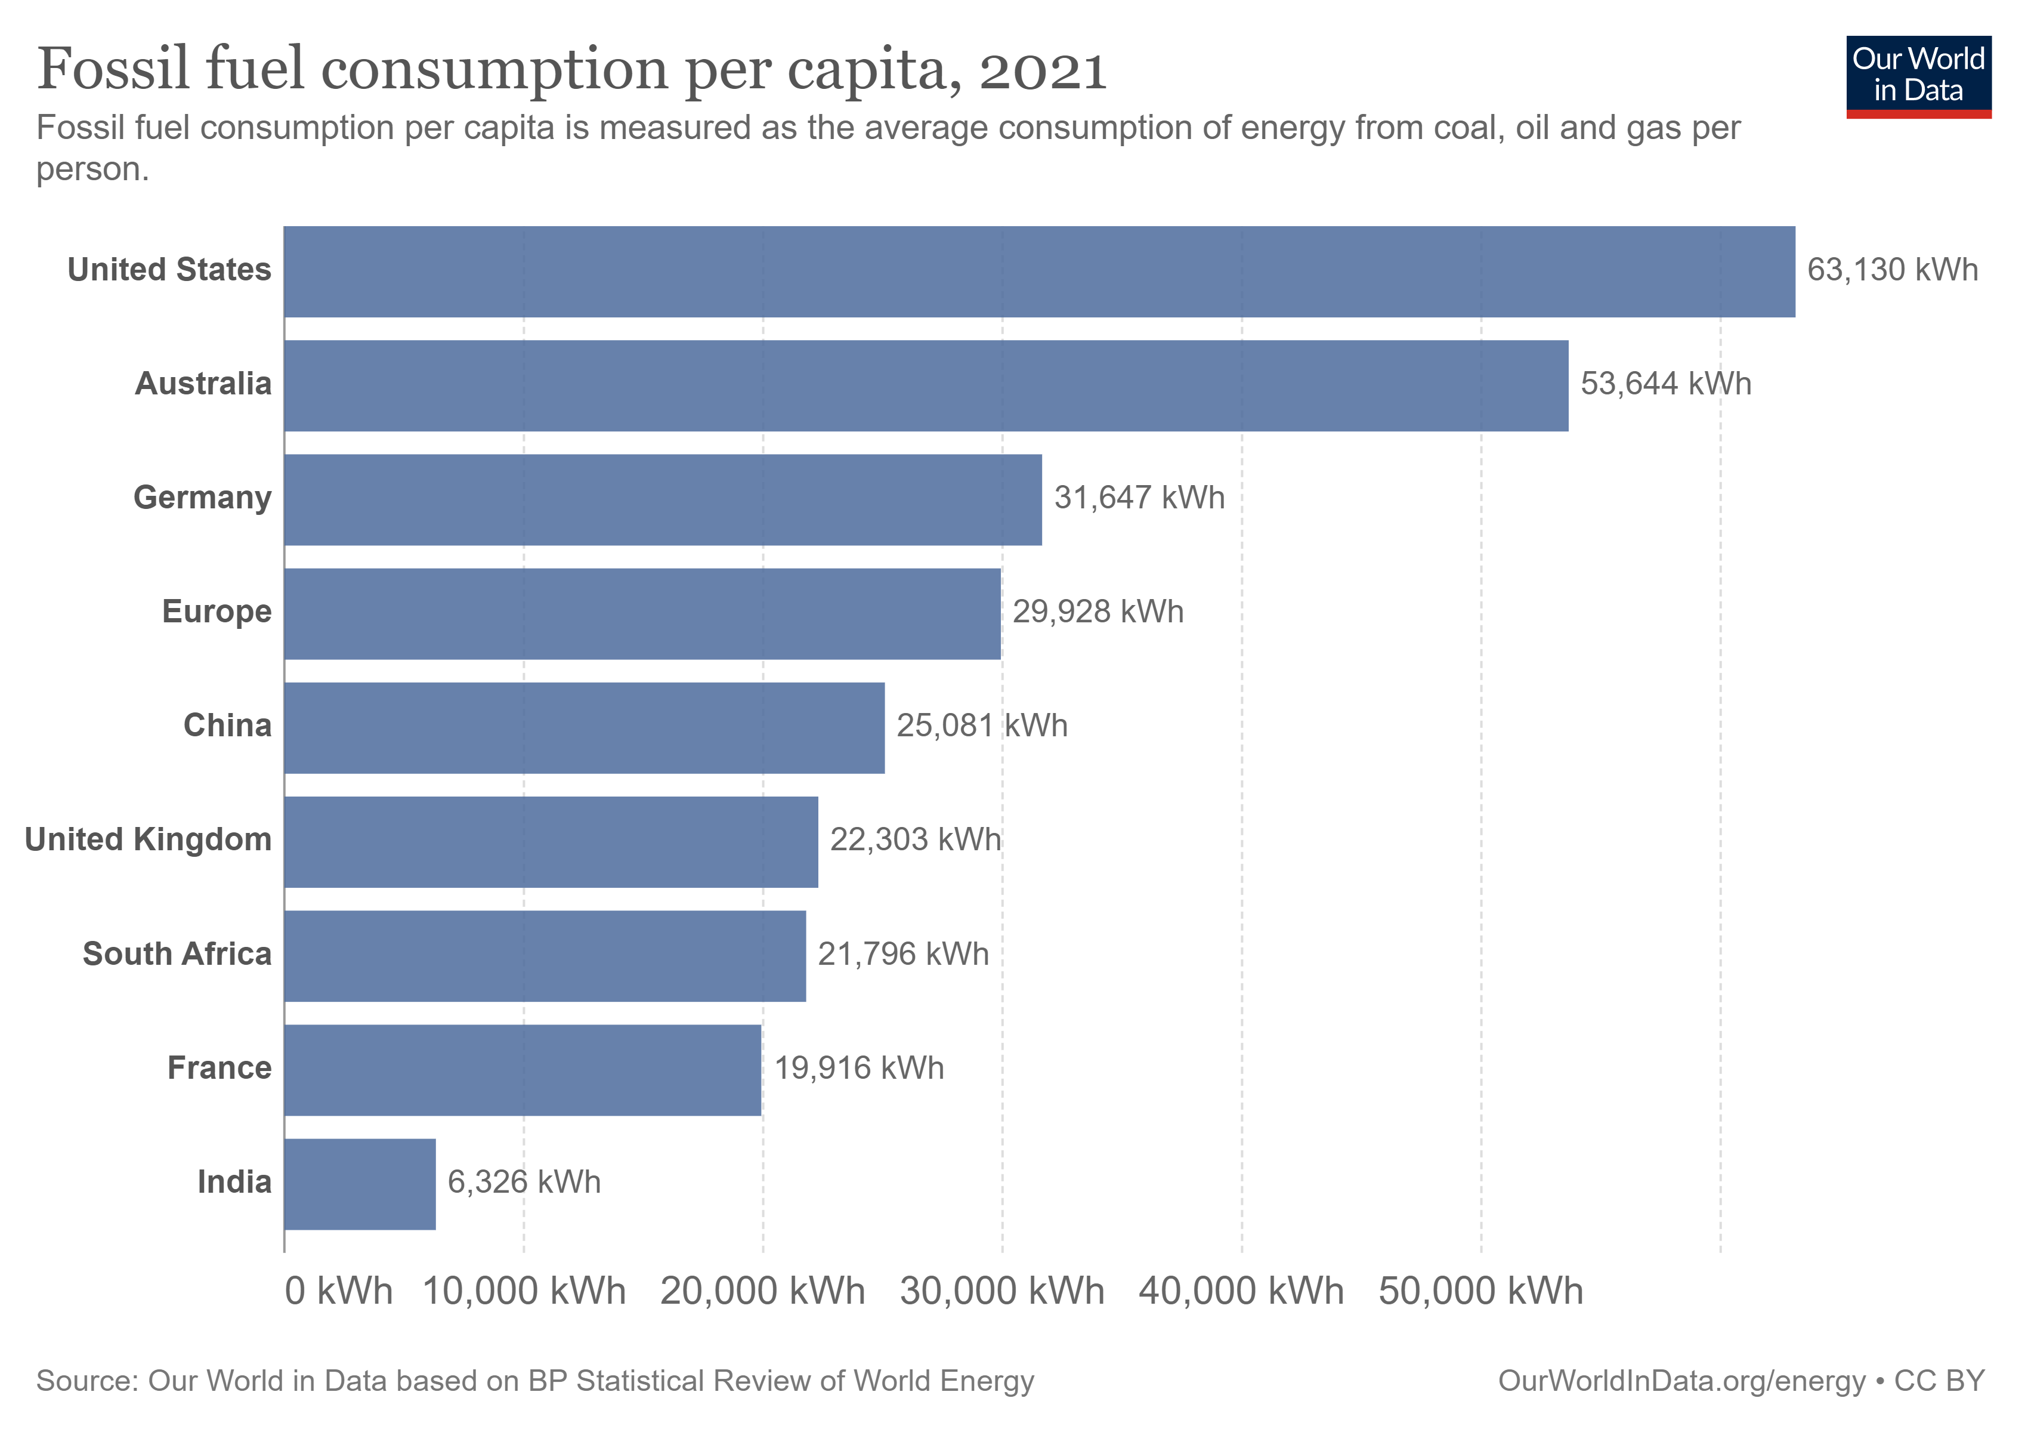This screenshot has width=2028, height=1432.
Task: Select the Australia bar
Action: (x=926, y=385)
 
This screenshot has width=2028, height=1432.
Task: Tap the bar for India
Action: (x=360, y=1184)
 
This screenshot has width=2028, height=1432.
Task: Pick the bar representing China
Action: (x=584, y=727)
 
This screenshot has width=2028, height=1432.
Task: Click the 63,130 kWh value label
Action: (x=1892, y=270)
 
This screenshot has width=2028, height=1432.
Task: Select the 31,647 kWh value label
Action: (x=1139, y=498)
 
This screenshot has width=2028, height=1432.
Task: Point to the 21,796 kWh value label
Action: (x=902, y=954)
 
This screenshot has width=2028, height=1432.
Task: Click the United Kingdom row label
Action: (x=149, y=840)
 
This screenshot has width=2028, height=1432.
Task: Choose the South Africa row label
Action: (x=177, y=954)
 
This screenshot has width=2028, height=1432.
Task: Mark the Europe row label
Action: (x=217, y=612)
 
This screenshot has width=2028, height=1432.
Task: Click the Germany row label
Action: (x=202, y=498)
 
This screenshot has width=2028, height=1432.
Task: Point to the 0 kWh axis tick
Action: (x=338, y=1291)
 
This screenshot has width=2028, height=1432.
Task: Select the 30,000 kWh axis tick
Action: (x=1001, y=1291)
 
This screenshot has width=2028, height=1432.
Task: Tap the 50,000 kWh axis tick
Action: (x=1480, y=1291)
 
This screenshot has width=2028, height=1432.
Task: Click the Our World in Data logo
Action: (x=1918, y=76)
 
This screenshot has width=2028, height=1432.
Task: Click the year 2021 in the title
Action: (x=1042, y=70)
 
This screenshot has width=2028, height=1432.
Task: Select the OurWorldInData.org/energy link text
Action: (x=1681, y=1381)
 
